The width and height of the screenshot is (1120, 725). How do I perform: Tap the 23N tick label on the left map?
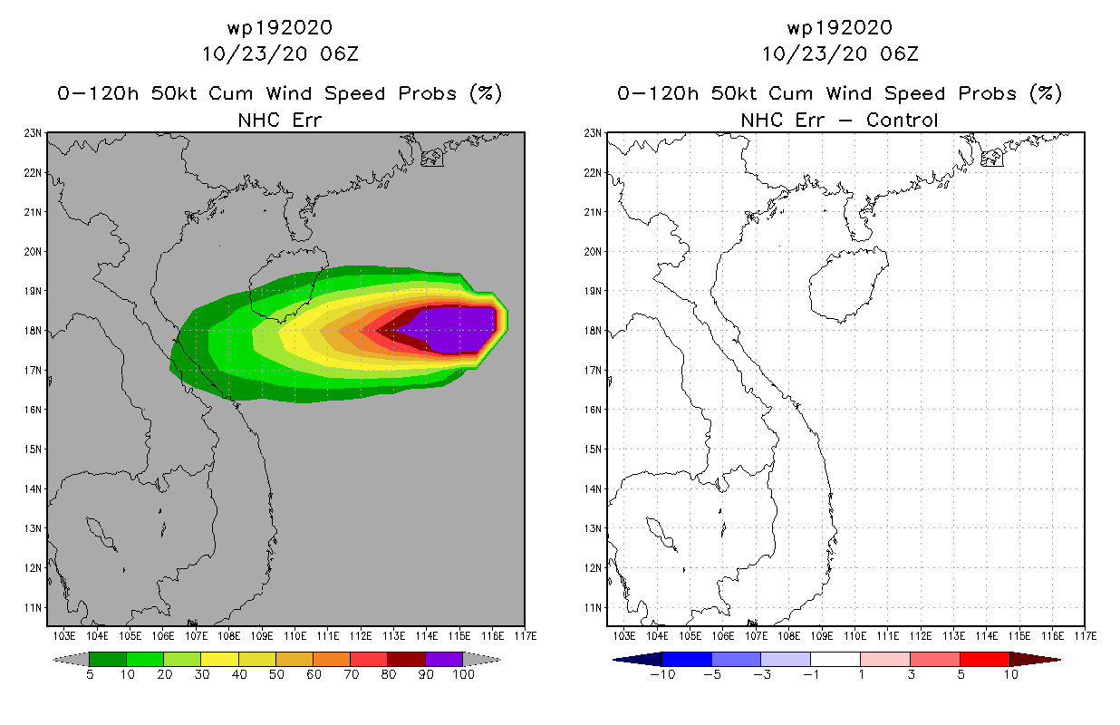[x=33, y=132]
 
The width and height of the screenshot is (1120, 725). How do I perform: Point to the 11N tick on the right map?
[x=593, y=607]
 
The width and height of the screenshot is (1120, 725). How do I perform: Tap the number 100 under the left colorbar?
[x=463, y=674]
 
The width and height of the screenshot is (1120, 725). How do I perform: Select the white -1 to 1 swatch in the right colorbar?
[x=835, y=659]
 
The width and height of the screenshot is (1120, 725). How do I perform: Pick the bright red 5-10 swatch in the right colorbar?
[x=983, y=659]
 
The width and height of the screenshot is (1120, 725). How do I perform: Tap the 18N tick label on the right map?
[x=593, y=330]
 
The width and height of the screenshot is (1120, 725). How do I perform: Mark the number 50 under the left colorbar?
[x=276, y=674]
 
